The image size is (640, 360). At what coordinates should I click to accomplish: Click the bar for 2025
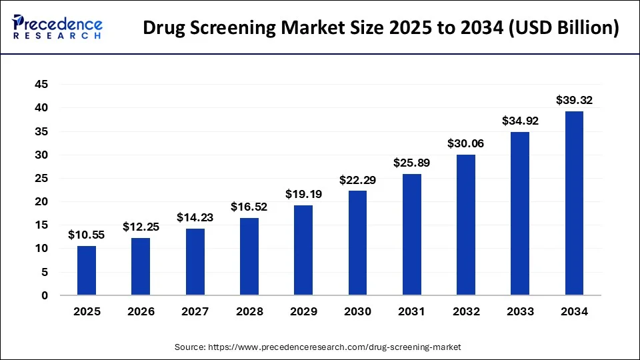(x=87, y=271)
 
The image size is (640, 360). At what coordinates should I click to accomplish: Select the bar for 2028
(x=249, y=257)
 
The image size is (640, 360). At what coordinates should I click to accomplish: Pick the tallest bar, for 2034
(x=574, y=203)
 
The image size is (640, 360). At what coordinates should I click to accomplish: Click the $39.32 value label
(x=574, y=101)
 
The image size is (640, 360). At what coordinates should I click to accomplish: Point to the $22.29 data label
(x=357, y=180)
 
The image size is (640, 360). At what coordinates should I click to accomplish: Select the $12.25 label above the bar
(x=141, y=227)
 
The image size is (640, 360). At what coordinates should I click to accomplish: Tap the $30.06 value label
(x=466, y=144)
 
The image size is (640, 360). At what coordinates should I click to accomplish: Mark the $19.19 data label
(x=303, y=195)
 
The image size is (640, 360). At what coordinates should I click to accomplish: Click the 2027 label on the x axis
(x=195, y=311)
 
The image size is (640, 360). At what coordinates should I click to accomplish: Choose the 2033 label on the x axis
(x=520, y=311)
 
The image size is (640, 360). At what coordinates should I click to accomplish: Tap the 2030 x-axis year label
(x=357, y=311)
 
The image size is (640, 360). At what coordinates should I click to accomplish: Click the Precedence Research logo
(x=57, y=27)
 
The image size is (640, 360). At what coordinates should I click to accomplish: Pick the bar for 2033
(x=520, y=213)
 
